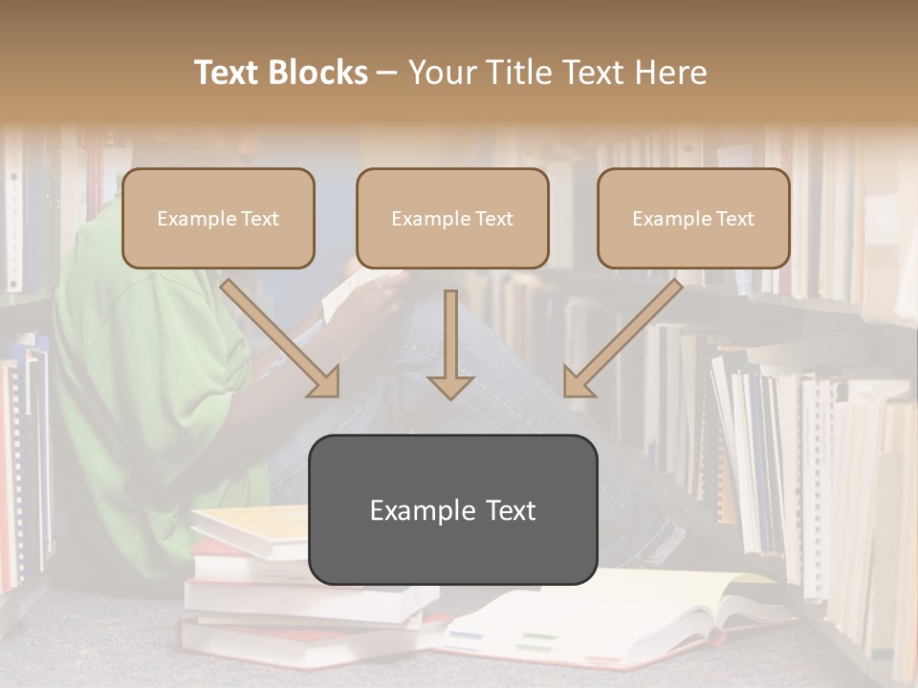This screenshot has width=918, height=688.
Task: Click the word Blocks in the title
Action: [x=317, y=73]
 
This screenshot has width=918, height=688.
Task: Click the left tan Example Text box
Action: [x=218, y=218]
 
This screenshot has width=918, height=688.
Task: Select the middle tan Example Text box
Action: [x=452, y=218]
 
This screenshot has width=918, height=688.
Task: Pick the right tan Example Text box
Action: [x=693, y=218]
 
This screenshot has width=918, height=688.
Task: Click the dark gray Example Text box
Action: [x=452, y=509]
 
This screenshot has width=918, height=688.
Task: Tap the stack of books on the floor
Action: [x=249, y=592]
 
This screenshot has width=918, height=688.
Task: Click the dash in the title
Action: [x=388, y=74]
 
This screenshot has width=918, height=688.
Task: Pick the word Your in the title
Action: [x=440, y=73]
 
